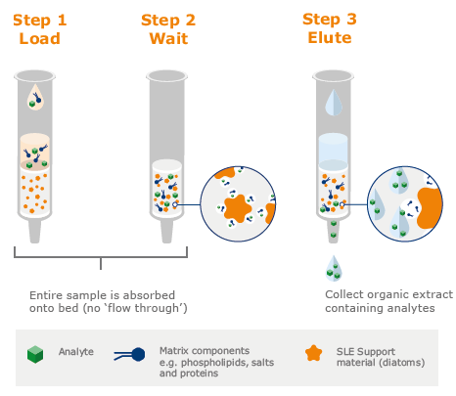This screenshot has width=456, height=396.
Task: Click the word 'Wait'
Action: click(x=167, y=39)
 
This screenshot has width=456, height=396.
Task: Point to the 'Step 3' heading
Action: click(x=330, y=20)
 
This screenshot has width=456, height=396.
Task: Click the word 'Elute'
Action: click(x=330, y=39)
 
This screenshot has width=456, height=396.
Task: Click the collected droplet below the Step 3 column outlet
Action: click(x=334, y=266)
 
